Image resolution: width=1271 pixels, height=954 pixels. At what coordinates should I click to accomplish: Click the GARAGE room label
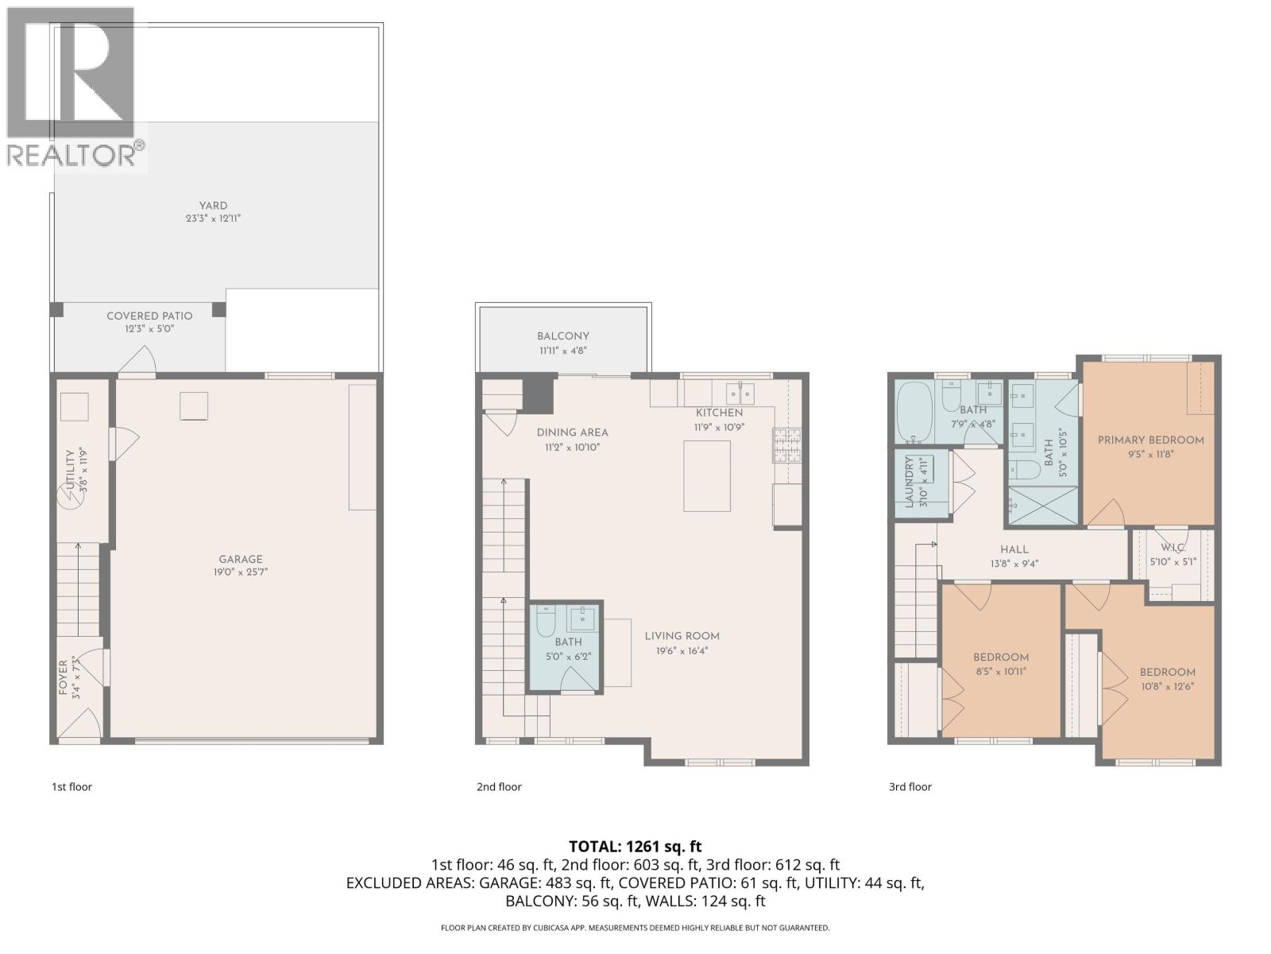[x=241, y=559]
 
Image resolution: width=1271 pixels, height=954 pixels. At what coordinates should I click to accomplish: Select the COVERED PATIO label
[x=149, y=316]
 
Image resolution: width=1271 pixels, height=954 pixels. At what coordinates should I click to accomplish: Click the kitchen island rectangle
[x=707, y=476]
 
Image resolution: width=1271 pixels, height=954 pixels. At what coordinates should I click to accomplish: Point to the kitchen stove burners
[x=787, y=445]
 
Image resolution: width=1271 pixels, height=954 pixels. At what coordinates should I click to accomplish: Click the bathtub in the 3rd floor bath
[x=914, y=412]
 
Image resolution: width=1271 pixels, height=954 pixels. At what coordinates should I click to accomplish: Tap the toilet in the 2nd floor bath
[x=546, y=622]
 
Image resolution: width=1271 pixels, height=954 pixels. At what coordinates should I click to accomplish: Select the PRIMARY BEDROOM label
[x=1150, y=440]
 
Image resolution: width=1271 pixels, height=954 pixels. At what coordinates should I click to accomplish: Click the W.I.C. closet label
[x=1172, y=548]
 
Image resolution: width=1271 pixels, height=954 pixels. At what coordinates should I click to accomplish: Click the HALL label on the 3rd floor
[x=1014, y=549]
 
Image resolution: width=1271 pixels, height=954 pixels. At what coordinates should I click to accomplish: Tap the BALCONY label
[x=563, y=336]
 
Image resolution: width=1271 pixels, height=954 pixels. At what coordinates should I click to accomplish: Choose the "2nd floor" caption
[x=499, y=787]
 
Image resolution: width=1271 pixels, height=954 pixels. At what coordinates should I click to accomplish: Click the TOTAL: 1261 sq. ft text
[x=635, y=847]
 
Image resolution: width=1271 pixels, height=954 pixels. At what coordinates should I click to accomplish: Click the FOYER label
[x=64, y=678]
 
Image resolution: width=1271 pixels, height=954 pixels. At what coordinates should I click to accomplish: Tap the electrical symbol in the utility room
[x=68, y=500]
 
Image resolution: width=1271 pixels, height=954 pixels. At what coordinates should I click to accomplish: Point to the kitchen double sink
[x=740, y=392]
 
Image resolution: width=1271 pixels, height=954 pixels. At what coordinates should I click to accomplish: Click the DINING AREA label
[x=572, y=432]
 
